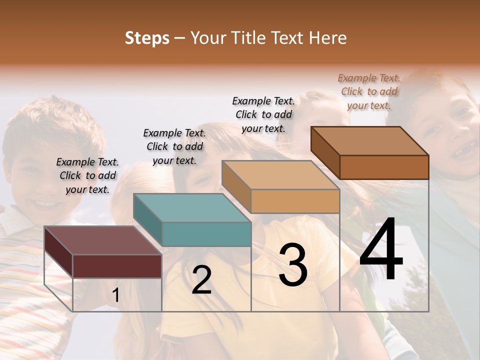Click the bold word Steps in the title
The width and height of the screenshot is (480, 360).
(x=147, y=38)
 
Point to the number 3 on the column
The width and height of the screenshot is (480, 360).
(x=293, y=265)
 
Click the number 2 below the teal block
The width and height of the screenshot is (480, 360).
(x=201, y=280)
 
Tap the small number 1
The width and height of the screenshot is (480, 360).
(x=115, y=295)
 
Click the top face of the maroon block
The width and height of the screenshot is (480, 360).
(x=102, y=240)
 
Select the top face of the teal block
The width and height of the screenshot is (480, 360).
(x=191, y=207)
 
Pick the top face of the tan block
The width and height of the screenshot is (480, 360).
(x=280, y=175)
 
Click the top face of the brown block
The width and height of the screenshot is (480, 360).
(x=369, y=141)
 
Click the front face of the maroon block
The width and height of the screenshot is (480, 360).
(x=117, y=266)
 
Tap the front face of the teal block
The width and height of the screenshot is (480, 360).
(x=206, y=234)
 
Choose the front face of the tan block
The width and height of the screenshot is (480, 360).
(x=295, y=201)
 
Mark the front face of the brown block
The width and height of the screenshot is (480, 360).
(x=384, y=167)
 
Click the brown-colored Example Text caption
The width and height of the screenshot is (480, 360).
(x=369, y=91)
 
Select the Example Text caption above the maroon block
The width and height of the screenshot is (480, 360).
(x=87, y=175)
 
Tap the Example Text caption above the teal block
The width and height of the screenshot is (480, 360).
(x=174, y=146)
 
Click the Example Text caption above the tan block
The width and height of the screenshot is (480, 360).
(x=263, y=114)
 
